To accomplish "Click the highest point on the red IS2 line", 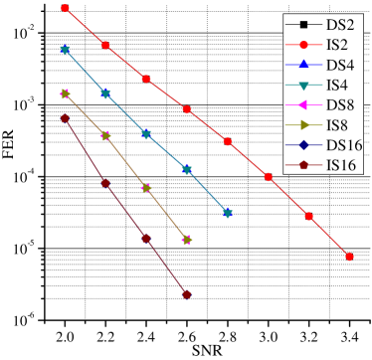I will [66, 8].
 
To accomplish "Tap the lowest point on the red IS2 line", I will [350, 257].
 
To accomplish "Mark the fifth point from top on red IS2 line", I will [228, 141].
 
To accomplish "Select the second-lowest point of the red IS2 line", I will [309, 216].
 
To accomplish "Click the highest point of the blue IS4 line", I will [66, 50].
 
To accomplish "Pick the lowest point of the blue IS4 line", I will [228, 213].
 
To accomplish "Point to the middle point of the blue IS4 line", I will [146, 134].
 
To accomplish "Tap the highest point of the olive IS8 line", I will [66, 93].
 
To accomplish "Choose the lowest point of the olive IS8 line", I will [187, 240].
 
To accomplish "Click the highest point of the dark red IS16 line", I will [66, 118].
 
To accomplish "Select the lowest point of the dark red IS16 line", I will [187, 294].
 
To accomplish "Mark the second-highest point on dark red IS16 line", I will [105, 183].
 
